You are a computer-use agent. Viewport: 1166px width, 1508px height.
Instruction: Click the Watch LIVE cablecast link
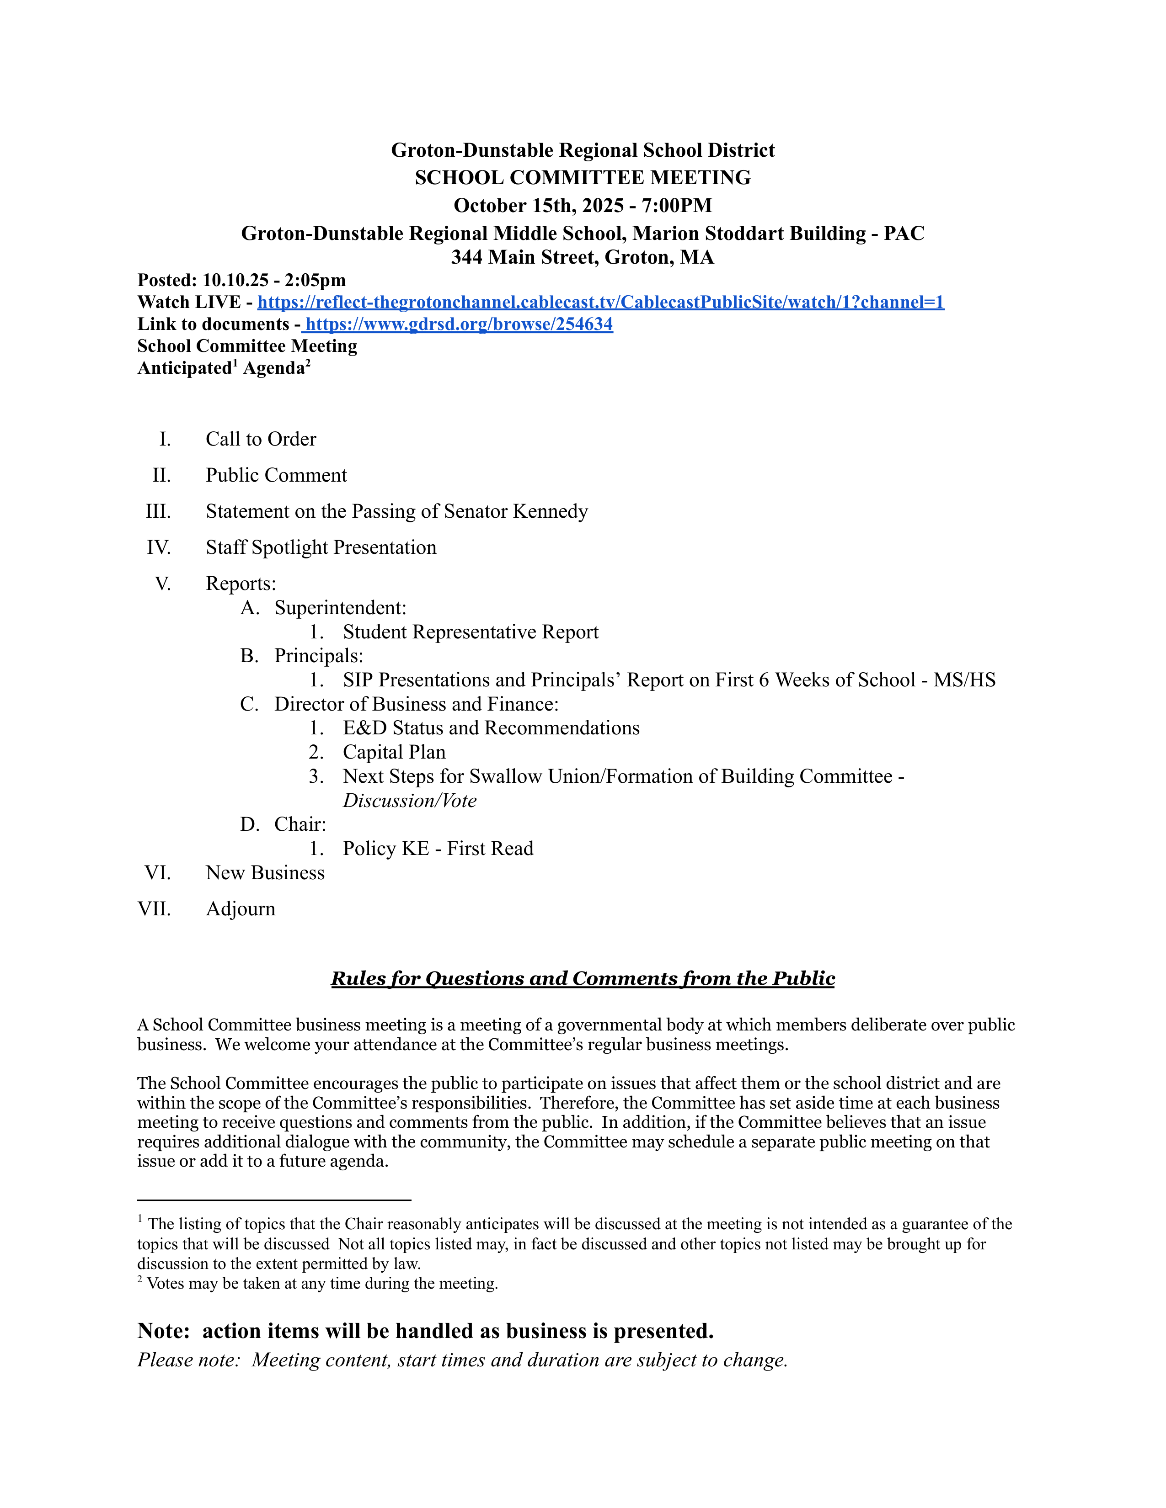pos(600,303)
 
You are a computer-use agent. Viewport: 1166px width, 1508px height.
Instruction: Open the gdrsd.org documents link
pos(459,324)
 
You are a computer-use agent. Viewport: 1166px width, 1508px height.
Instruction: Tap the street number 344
pos(467,258)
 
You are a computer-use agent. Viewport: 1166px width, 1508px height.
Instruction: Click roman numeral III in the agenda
pos(158,512)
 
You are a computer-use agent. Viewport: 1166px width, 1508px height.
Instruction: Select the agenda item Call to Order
pos(261,440)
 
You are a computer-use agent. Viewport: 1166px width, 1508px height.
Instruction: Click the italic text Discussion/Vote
pos(410,801)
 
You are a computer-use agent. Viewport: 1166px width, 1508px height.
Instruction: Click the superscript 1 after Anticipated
pos(235,363)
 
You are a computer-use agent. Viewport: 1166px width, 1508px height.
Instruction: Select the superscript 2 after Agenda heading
pos(308,363)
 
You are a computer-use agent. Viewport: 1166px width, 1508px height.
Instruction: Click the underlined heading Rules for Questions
pos(582,979)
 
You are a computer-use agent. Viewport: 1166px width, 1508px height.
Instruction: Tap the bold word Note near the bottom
pos(163,1331)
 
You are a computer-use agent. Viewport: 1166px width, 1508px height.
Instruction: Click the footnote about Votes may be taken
pos(322,1284)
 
